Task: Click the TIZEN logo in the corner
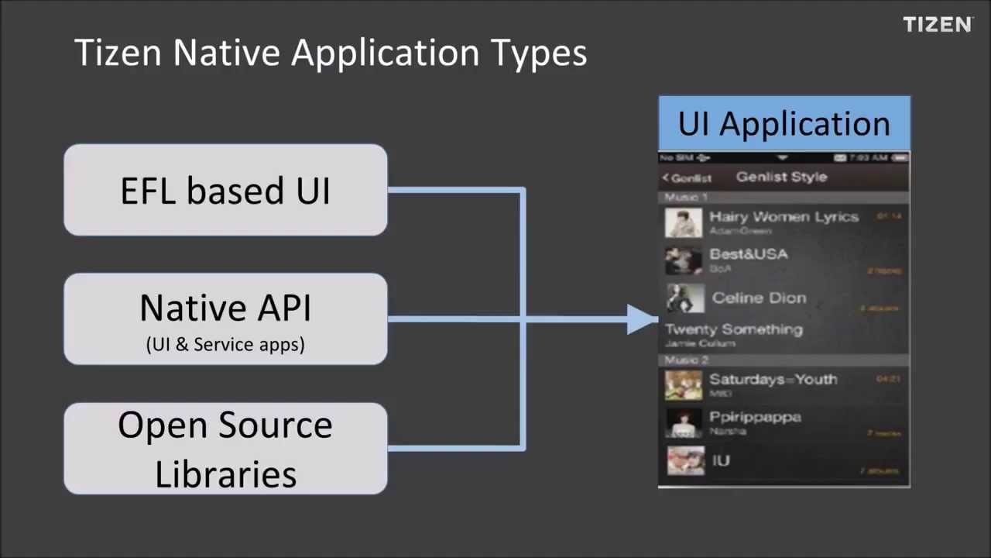[938, 25]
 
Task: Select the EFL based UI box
[225, 190]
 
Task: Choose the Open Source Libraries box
[225, 449]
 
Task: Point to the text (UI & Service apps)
[225, 345]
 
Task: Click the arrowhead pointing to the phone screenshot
[642, 319]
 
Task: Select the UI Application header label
[784, 124]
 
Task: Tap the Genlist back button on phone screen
[687, 178]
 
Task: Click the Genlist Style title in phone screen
[781, 177]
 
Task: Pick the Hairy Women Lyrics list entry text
[784, 217]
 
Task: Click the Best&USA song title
[748, 254]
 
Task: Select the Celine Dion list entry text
[759, 298]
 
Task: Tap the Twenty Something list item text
[734, 329]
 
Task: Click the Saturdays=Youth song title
[773, 379]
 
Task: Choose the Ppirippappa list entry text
[755, 417]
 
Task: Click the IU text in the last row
[721, 460]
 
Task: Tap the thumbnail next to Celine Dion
[684, 298]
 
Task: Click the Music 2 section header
[686, 360]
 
